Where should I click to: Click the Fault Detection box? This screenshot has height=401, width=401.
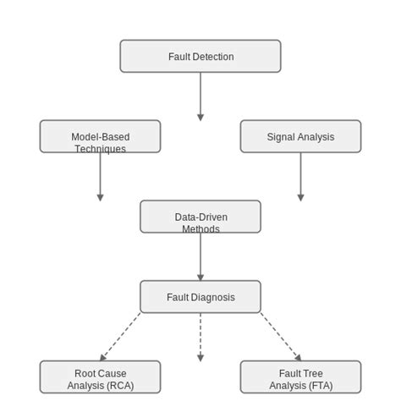[x=200, y=56]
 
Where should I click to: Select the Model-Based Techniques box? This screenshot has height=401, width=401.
[x=100, y=136]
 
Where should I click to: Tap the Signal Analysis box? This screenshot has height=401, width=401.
[x=300, y=136]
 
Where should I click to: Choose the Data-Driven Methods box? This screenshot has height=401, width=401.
[x=200, y=217]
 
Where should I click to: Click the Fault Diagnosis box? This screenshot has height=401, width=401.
[x=200, y=297]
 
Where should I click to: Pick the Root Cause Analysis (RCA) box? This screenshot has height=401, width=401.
[x=100, y=377]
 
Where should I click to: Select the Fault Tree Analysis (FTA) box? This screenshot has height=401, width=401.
[x=300, y=377]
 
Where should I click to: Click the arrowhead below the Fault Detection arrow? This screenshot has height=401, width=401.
[x=200, y=118]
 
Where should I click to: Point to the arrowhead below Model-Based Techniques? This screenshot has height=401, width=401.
[x=100, y=198]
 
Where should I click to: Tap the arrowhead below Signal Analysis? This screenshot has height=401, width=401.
[x=300, y=198]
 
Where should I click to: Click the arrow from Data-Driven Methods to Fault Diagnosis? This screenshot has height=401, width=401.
[x=200, y=256]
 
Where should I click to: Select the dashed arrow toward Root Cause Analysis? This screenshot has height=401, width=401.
[x=121, y=337]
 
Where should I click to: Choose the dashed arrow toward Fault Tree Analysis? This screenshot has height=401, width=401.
[x=280, y=337]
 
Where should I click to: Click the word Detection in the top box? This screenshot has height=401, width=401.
[x=213, y=57]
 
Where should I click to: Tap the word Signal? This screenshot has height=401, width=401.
[x=281, y=137]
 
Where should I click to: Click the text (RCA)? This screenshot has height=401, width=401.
[x=119, y=386]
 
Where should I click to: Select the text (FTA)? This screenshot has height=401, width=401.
[x=319, y=386]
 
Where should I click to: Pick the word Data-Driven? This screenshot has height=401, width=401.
[x=200, y=217]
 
